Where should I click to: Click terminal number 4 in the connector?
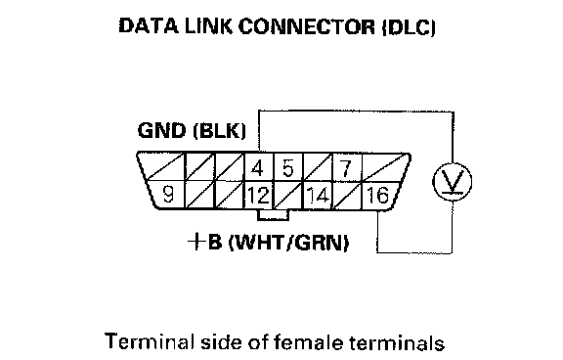[x=257, y=168]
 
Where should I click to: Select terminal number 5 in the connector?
[x=287, y=168]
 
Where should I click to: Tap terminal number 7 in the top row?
[x=345, y=168]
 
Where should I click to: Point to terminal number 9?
[x=168, y=195]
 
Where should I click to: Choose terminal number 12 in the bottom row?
[x=258, y=196]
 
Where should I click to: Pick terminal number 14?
[x=318, y=196]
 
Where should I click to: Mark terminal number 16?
[x=377, y=196]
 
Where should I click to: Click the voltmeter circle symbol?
[x=452, y=181]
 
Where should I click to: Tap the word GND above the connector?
[x=161, y=130]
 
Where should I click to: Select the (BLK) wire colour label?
[x=219, y=131]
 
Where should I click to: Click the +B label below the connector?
[x=204, y=242]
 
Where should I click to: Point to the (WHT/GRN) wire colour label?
[x=288, y=243]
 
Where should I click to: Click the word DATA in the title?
[x=149, y=26]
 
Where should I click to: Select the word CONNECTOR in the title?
[x=307, y=26]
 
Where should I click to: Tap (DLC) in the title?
[x=409, y=27]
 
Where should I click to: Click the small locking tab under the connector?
[x=273, y=215]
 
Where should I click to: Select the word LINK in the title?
[x=208, y=26]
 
